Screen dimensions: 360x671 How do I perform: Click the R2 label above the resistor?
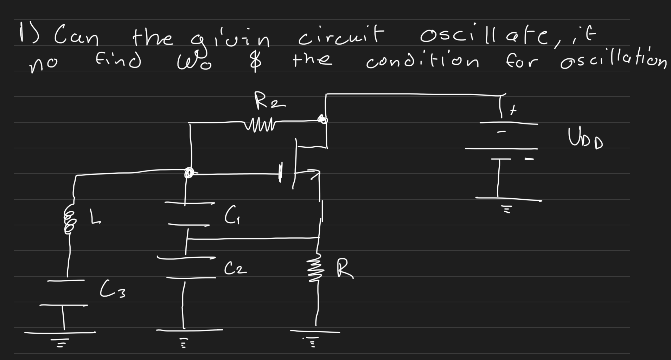coord(269,103)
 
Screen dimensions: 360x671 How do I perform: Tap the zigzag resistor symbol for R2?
coord(262,124)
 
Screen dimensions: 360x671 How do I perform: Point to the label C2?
coord(235,269)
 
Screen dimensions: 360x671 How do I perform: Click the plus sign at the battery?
coord(514,111)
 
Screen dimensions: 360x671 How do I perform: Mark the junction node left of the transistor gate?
coord(189,173)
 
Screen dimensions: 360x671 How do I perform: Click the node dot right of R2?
coord(322,120)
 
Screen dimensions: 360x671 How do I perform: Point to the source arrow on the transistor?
coord(315,172)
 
